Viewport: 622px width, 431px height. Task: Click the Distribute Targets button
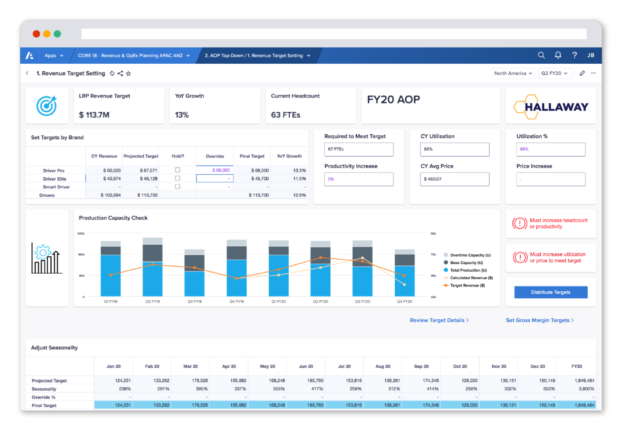coord(550,292)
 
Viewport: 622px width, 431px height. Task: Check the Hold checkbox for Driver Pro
coord(177,170)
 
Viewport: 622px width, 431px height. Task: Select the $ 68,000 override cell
coord(215,170)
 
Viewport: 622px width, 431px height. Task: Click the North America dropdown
coord(513,73)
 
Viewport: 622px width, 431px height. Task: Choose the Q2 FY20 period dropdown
coord(554,73)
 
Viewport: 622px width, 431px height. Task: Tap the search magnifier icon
coord(541,55)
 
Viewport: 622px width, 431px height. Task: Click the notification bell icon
coord(558,55)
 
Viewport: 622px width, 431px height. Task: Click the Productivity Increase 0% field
coord(359,179)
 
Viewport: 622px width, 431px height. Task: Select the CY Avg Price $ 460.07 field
coord(454,179)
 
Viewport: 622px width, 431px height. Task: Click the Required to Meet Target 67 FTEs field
coord(359,149)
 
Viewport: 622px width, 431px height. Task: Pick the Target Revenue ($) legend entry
coord(467,285)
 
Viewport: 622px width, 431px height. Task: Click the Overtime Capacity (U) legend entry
coord(470,255)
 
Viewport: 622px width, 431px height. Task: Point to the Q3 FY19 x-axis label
coord(194,301)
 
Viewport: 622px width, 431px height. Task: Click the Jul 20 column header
coord(344,366)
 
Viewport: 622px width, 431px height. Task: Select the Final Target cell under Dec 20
coord(538,405)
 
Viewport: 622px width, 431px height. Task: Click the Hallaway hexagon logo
coord(550,107)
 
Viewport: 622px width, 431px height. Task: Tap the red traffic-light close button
coord(36,34)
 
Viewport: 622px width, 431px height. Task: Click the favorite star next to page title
coord(128,73)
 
